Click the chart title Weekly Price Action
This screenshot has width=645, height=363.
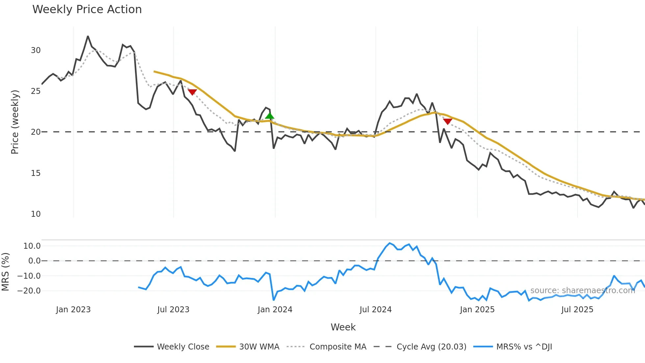coord(87,10)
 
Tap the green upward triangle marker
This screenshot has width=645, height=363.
coord(270,116)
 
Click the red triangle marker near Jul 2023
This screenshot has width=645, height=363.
coord(192,92)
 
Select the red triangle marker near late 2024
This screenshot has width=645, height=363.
coord(448,121)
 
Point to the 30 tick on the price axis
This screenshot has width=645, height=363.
coord(36,50)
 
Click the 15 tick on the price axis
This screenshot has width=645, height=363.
coord(36,173)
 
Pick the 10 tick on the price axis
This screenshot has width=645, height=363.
coord(36,214)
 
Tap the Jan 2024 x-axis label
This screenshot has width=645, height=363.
coord(275,310)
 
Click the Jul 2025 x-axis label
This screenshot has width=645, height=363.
coord(577,310)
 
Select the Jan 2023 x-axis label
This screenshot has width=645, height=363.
coord(73,310)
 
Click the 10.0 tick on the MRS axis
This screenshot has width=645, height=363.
coord(32,246)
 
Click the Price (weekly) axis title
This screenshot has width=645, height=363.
coord(15,122)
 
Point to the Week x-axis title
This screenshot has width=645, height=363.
coord(343,327)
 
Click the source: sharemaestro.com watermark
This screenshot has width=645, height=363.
coord(582,291)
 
